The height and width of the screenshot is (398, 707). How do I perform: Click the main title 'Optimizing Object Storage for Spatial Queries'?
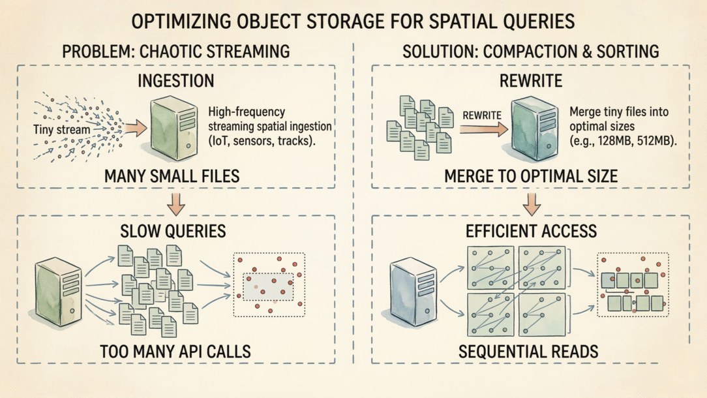click(353, 21)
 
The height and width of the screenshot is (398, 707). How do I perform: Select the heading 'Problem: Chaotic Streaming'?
click(177, 51)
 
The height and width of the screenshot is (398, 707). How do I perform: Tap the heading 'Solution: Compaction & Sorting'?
click(530, 51)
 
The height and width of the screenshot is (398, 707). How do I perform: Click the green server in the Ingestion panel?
click(174, 127)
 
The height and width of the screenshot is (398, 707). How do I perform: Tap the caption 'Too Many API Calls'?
click(176, 352)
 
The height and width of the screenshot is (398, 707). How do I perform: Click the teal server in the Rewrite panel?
click(534, 127)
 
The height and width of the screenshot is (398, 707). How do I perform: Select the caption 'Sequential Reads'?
click(528, 352)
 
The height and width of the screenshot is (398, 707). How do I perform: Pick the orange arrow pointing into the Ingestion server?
click(136, 127)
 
